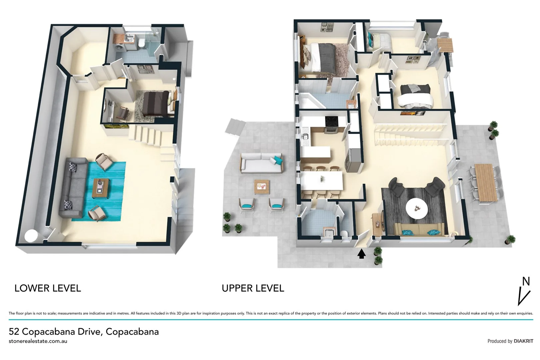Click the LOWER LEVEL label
click(48, 288)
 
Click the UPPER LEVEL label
click(253, 288)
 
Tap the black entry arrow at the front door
click(361, 254)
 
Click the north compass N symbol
click(526, 282)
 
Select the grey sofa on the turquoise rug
click(72, 188)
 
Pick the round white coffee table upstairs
click(416, 208)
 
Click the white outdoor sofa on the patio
click(261, 163)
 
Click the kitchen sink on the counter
click(305, 136)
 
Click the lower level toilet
click(141, 43)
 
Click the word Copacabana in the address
click(132, 332)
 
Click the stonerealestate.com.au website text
click(38, 341)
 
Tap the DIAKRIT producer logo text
click(523, 341)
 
